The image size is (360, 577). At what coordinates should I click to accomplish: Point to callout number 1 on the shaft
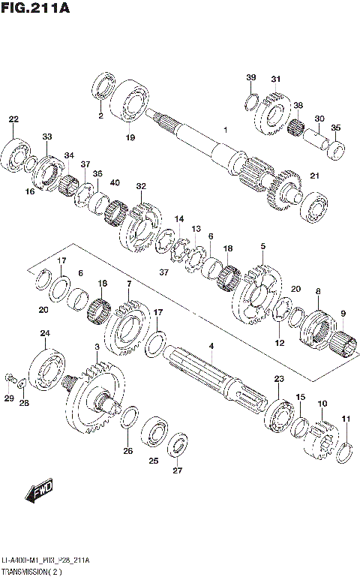click(224, 130)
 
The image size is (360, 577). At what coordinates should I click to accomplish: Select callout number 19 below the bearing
click(130, 137)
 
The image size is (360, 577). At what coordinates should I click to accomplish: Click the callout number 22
click(13, 119)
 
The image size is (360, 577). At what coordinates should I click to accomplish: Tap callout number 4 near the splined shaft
click(211, 345)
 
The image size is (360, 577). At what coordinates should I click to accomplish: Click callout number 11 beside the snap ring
click(346, 418)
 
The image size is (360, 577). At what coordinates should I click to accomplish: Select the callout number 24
click(45, 333)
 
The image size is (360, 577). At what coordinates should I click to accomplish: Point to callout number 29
click(9, 398)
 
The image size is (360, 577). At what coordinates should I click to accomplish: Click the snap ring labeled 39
click(253, 101)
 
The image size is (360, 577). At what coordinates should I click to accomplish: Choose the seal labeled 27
click(178, 444)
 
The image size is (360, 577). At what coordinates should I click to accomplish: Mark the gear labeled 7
click(128, 327)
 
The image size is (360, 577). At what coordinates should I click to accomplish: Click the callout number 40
click(115, 183)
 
